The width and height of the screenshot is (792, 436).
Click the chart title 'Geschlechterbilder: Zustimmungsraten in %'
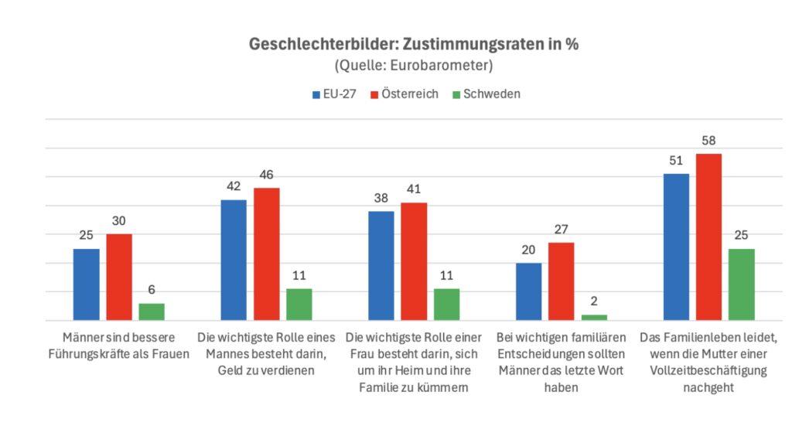coord(413,44)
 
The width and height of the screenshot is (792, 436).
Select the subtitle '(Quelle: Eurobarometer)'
coord(413,65)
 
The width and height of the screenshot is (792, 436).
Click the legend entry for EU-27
coord(333,94)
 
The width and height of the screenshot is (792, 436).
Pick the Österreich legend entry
coord(405,94)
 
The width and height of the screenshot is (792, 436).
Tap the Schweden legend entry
coord(486,94)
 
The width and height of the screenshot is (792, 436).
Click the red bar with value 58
coord(708,237)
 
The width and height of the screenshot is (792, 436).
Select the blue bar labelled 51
coord(676,247)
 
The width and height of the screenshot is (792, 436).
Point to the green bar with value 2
coord(594,317)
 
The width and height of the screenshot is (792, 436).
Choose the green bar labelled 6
coord(152,312)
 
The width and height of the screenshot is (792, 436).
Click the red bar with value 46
coord(266,254)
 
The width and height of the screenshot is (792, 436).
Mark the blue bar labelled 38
coord(381,265)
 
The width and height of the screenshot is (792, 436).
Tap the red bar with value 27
coord(562,281)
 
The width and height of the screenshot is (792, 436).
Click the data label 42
coord(234,186)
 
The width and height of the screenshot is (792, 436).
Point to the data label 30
coord(119,220)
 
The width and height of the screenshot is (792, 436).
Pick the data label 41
coord(414,189)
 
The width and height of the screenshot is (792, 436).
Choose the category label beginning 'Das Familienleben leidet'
coord(708,363)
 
